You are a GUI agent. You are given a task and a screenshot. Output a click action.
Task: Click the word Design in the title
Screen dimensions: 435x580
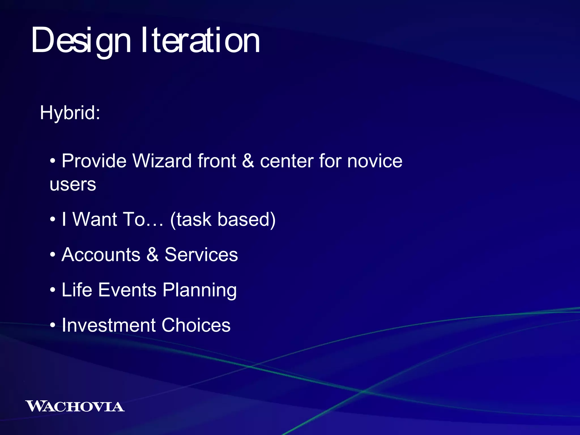click(81, 40)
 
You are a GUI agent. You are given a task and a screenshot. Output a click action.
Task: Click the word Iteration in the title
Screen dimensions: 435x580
click(200, 40)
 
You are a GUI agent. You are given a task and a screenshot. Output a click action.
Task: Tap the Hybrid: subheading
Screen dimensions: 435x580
click(70, 113)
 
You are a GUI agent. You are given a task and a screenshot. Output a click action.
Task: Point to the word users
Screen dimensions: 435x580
click(73, 184)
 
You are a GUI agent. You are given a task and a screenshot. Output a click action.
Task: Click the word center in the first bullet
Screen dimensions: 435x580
click(286, 161)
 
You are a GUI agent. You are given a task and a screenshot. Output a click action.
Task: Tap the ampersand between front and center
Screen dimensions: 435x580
click(248, 161)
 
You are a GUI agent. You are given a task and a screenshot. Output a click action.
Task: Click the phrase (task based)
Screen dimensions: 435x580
click(223, 219)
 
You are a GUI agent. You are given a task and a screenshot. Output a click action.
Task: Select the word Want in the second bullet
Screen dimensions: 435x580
click(95, 219)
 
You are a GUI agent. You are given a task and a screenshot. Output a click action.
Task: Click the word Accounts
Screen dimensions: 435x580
click(101, 254)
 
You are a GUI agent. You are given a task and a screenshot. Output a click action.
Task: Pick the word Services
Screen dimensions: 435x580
click(201, 254)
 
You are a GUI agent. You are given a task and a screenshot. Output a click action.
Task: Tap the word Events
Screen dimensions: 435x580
click(127, 290)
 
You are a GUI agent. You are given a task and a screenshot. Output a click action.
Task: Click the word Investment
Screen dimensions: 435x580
click(108, 325)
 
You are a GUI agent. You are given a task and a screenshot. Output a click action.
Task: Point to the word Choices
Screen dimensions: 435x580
click(196, 325)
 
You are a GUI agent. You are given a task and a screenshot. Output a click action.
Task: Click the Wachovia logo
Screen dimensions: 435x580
click(75, 406)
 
